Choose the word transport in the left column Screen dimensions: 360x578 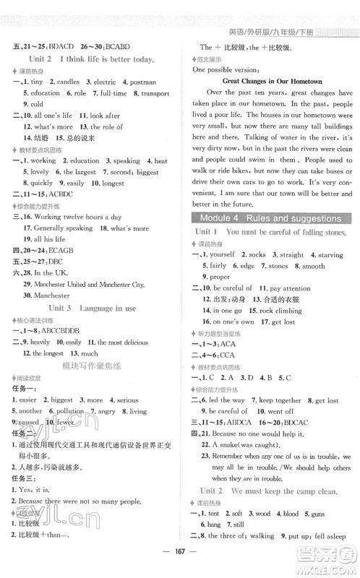coord(155,93)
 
